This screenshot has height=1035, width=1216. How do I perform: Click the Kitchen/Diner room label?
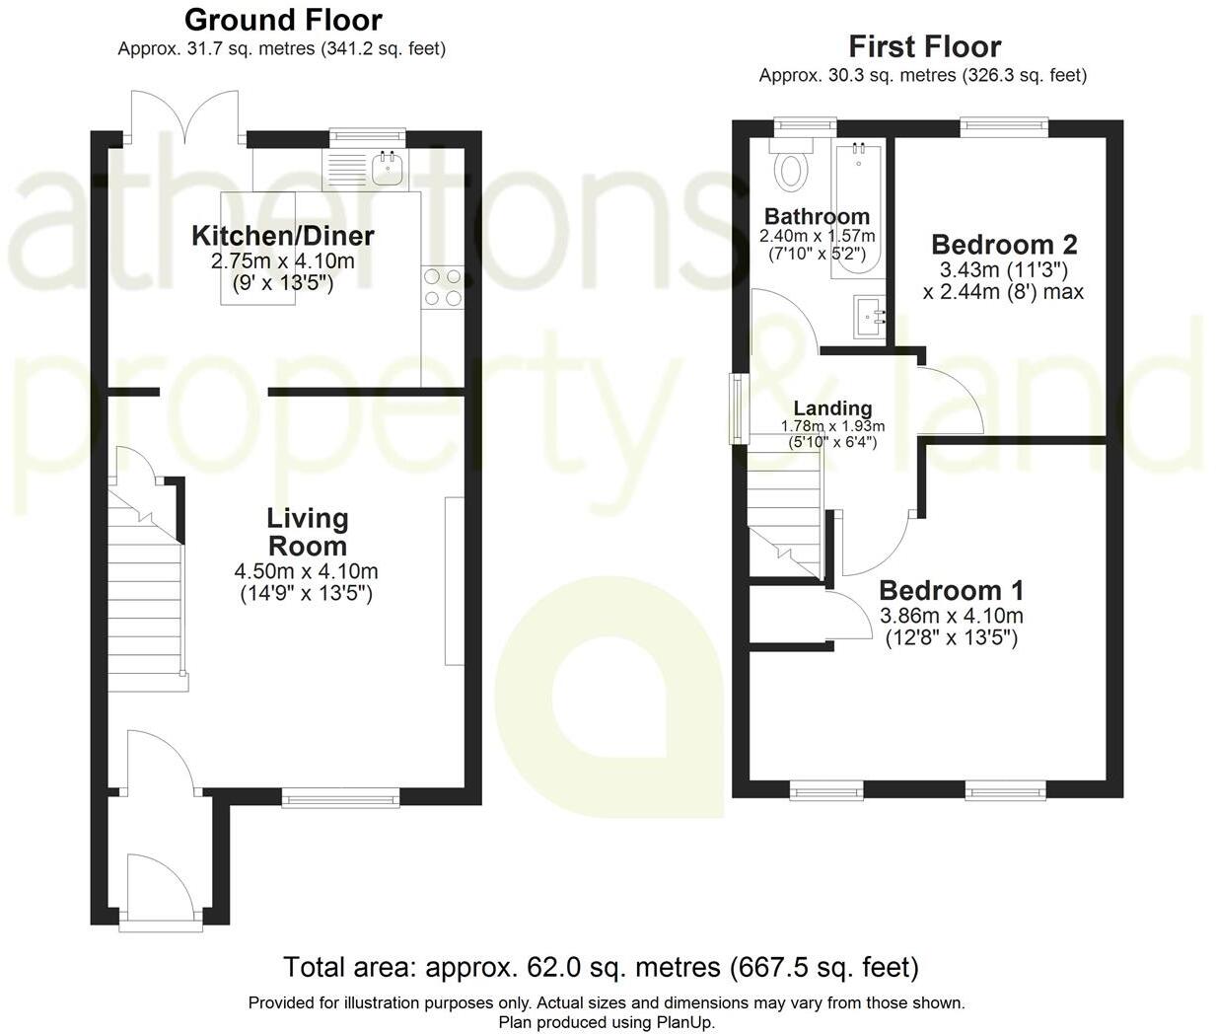coord(282,237)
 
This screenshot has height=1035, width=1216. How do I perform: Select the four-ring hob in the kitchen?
coord(443,286)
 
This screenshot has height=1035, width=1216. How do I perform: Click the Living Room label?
coord(307,532)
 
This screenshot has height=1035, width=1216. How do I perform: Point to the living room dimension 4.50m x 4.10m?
coord(306,571)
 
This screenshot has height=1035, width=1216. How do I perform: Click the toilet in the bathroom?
coord(791,168)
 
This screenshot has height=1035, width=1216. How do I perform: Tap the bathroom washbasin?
coord(868,316)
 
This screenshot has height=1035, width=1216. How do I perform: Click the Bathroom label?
coord(817,216)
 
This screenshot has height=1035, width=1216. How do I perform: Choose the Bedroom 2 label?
coord(1004,245)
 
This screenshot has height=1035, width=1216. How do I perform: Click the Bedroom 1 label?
coord(951,591)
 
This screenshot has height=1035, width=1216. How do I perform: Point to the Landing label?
coord(832,408)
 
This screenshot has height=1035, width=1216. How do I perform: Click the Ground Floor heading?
coord(282,19)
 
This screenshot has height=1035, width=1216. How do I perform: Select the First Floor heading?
coord(924,46)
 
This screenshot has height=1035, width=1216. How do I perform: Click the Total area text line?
coord(601,967)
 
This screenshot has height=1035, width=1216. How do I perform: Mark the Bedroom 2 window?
coord(1004,125)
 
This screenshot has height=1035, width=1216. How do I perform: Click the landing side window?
coord(736,407)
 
